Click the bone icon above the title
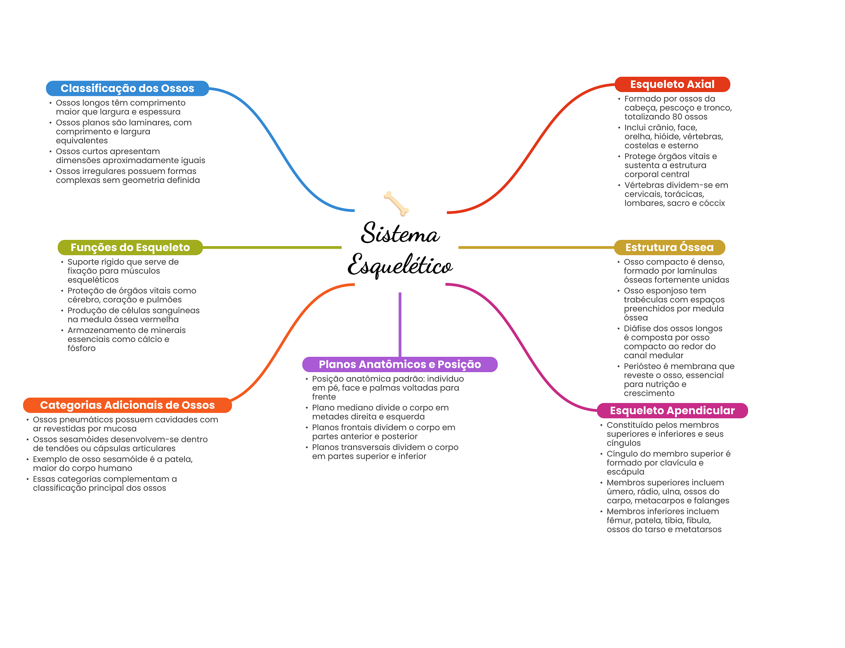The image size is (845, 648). (x=396, y=203)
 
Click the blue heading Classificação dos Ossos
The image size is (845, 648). (x=127, y=88)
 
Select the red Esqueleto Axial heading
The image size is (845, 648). (x=672, y=84)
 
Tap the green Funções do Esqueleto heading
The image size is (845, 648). (x=130, y=247)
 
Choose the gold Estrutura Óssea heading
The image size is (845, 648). (x=669, y=247)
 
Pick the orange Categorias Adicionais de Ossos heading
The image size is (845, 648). (x=127, y=405)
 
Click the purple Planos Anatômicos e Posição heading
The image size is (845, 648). (x=400, y=364)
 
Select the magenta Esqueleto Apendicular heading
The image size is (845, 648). (x=672, y=411)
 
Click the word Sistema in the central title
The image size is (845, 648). (x=400, y=233)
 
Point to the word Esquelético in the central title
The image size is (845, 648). (x=400, y=265)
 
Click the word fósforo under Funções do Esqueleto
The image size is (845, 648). (x=81, y=348)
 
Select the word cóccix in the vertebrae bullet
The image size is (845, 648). (x=712, y=203)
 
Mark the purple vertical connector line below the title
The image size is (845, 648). (x=400, y=325)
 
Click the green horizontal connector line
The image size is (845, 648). (x=272, y=247)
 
